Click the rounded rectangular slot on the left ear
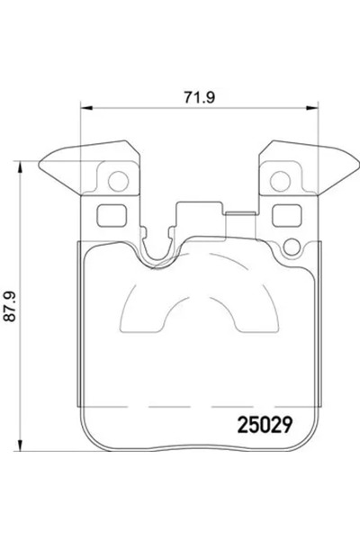[x=109, y=217]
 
